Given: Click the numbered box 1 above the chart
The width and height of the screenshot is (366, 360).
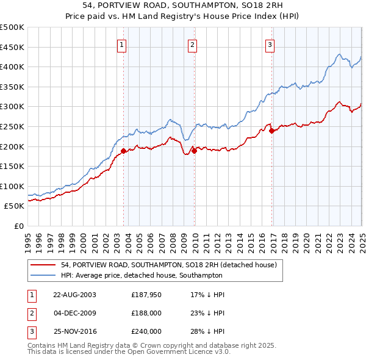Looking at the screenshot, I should pyautogui.click(x=121, y=45).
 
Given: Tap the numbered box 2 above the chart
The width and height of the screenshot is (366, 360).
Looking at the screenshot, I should pyautogui.click(x=192, y=45).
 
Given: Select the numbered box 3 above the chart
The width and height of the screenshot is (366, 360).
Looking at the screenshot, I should pyautogui.click(x=270, y=45).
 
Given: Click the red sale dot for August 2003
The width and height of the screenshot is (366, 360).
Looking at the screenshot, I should pyautogui.click(x=124, y=150).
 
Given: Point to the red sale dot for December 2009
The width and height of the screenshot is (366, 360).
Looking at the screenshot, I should pyautogui.click(x=194, y=151).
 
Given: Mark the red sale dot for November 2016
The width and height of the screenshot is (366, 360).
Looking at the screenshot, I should pyautogui.click(x=271, y=130).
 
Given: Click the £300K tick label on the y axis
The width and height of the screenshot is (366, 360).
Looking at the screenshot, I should pyautogui.click(x=12, y=106).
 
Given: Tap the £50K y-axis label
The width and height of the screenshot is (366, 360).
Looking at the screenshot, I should pyautogui.click(x=15, y=206).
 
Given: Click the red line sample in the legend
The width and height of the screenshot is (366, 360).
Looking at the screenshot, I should pyautogui.click(x=43, y=265).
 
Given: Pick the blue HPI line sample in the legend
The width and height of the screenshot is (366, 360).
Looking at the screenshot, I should pyautogui.click(x=43, y=275).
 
